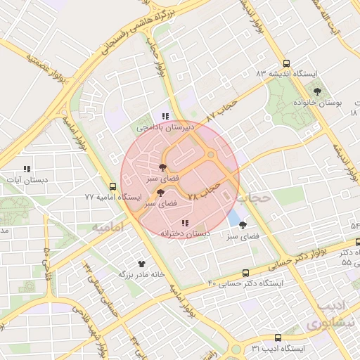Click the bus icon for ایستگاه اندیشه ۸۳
[286, 63]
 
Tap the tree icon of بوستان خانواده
[317, 91]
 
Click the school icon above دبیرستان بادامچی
[165, 117]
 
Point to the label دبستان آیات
[26, 180]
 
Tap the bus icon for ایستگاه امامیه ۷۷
[112, 187]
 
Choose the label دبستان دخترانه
[185, 232]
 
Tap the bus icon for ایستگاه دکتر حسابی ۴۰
[245, 273]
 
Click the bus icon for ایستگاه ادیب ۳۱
[278, 338]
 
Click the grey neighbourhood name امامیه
[108, 227]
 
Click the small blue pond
[233, 219]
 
